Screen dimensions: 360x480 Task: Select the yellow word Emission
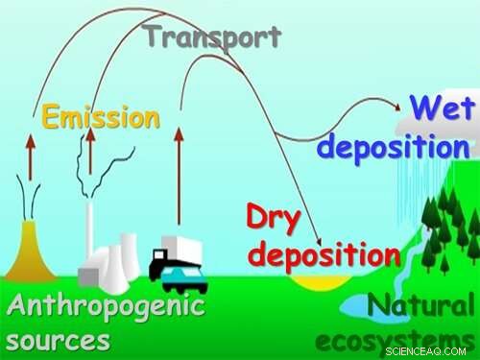click(100, 117)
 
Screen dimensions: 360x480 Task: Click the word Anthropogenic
click(106, 308)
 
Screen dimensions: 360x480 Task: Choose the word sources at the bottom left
click(58, 340)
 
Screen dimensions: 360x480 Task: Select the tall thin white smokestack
click(88, 230)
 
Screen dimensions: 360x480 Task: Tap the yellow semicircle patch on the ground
click(320, 283)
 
